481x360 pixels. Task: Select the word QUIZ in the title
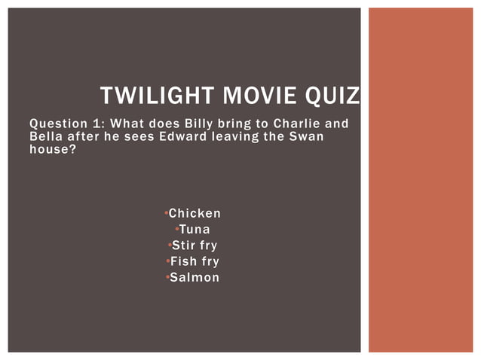click(x=331, y=96)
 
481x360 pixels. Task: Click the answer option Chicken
click(x=195, y=214)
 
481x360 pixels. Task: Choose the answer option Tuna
click(x=195, y=230)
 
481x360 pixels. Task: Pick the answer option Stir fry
click(x=195, y=246)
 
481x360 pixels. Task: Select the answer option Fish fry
click(x=195, y=261)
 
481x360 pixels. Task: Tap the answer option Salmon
click(x=195, y=278)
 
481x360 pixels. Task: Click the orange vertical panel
click(x=420, y=180)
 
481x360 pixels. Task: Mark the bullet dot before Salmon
click(x=166, y=278)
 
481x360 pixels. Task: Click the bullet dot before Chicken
click(x=166, y=214)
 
